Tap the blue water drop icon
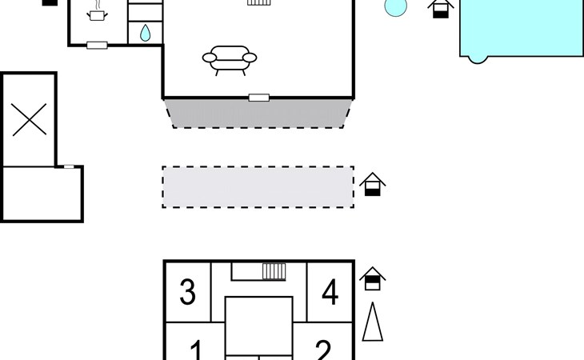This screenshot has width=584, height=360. [146, 33]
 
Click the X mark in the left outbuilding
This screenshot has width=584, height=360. [29, 119]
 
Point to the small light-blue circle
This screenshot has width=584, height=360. [395, 6]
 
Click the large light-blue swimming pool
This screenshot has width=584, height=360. [522, 29]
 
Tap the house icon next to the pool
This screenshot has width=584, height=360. [441, 8]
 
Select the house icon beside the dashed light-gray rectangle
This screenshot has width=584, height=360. [373, 184]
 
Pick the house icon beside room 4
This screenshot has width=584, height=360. [373, 278]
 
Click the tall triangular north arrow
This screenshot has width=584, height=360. [373, 322]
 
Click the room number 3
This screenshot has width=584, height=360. [187, 292]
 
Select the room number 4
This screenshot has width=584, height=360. [330, 292]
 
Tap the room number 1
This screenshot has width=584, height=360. [196, 350]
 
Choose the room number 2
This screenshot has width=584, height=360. [323, 350]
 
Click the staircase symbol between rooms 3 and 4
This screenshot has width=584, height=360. [274, 271]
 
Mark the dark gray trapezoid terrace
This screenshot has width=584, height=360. [258, 114]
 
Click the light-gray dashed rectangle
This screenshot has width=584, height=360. [258, 187]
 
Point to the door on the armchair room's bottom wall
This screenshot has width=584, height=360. [259, 98]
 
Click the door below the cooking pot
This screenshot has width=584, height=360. [98, 46]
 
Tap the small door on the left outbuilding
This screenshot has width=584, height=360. [69, 166]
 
